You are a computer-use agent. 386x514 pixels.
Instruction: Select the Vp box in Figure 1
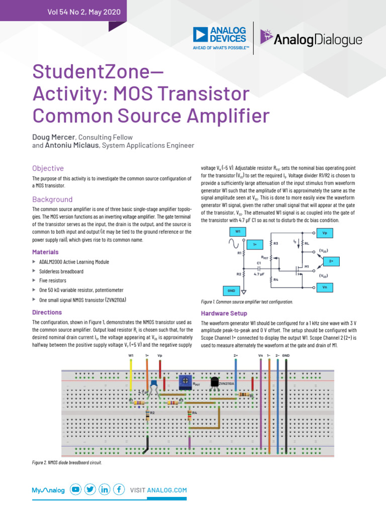(325, 233)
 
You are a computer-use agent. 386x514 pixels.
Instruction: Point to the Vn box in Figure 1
(325, 287)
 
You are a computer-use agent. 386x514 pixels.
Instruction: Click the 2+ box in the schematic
(331, 261)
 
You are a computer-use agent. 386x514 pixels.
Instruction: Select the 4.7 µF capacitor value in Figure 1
(259, 274)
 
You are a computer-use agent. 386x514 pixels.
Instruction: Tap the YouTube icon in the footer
(76, 489)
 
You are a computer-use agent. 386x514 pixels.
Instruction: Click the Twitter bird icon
(90, 489)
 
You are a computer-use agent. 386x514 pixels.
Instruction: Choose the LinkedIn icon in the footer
(105, 489)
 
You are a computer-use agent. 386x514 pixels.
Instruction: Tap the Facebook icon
(119, 489)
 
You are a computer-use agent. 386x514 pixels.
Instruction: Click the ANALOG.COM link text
(167, 490)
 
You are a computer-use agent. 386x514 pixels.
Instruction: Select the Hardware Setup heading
(224, 313)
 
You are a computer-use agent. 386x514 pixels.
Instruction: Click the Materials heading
(45, 252)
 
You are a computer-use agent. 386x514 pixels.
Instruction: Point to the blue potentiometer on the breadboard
(185, 382)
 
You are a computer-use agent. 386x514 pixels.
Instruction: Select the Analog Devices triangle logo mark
(201, 35)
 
